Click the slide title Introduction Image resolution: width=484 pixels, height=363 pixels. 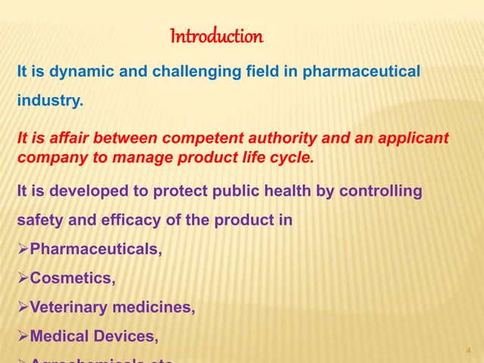(216, 36)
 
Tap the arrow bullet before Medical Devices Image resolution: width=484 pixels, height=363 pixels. (22, 336)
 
